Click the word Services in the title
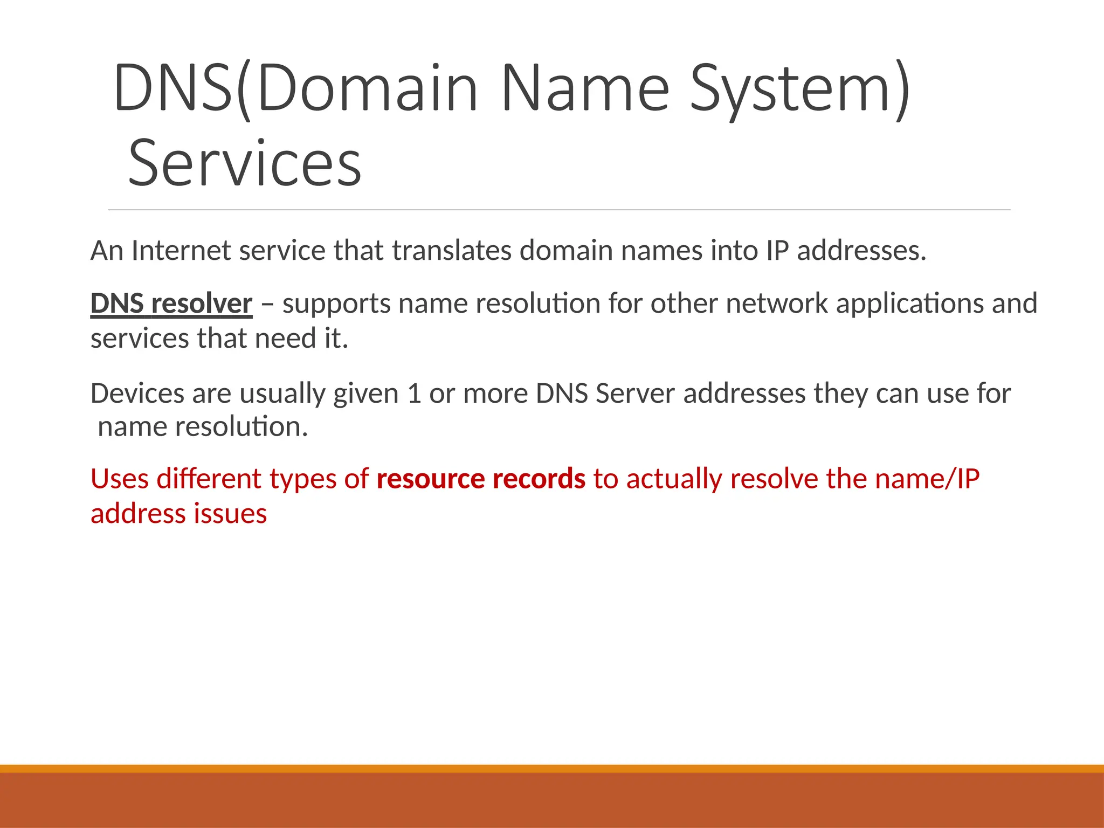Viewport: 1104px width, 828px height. point(245,163)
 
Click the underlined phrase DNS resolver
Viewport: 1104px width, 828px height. point(171,303)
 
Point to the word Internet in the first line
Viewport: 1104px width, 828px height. point(181,251)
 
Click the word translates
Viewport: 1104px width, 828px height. point(451,251)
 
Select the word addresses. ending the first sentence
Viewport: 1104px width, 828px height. point(861,251)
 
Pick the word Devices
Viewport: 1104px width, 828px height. point(137,394)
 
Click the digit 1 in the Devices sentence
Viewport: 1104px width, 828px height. point(414,394)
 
